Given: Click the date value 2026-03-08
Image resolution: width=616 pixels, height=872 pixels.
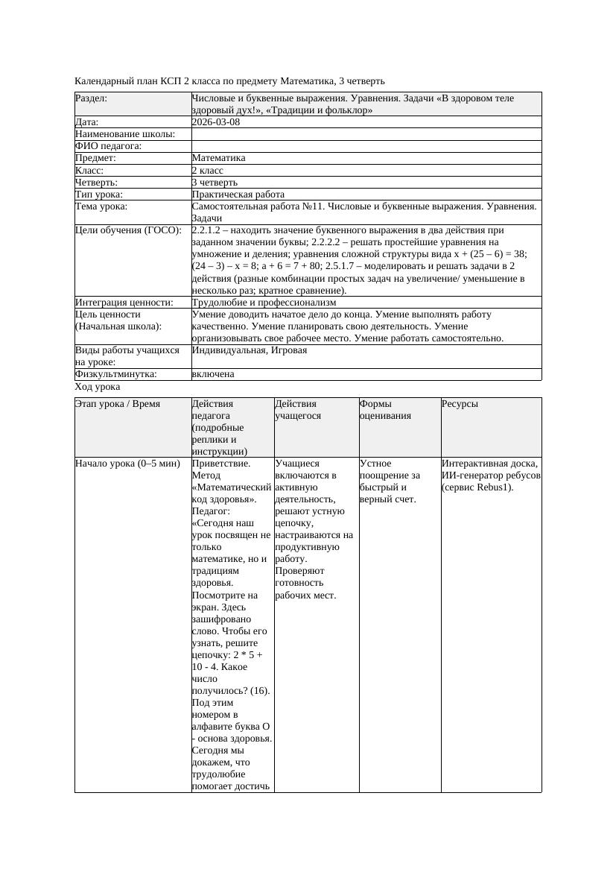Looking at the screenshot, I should [x=216, y=122].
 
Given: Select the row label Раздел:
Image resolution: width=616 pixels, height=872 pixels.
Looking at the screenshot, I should [x=92, y=98].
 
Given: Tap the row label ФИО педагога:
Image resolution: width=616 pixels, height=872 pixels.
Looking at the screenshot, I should [x=109, y=146].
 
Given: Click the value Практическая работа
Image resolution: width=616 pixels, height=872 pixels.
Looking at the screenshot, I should [x=238, y=195].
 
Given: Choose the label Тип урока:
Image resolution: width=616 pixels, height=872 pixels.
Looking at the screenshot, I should [x=99, y=195].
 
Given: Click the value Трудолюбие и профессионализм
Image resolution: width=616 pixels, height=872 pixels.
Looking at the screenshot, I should [x=264, y=303].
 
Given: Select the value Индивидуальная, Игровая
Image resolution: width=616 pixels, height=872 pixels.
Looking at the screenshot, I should [x=250, y=350].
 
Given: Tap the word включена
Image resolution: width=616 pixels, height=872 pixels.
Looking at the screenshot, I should [x=213, y=374].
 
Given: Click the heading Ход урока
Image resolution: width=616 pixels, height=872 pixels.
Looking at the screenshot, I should [x=98, y=388].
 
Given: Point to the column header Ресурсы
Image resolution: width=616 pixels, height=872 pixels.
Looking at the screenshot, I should [x=460, y=404].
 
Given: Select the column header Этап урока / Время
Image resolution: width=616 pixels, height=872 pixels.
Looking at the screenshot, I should [x=118, y=404].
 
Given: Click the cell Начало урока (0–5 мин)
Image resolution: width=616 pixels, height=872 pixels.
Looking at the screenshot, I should [x=127, y=464].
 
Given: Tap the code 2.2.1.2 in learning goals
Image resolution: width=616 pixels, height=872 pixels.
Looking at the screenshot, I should [x=209, y=230].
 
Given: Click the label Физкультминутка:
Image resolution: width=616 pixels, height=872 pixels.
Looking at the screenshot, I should [x=116, y=374].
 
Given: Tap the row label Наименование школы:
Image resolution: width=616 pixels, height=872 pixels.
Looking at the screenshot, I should [x=125, y=134].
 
